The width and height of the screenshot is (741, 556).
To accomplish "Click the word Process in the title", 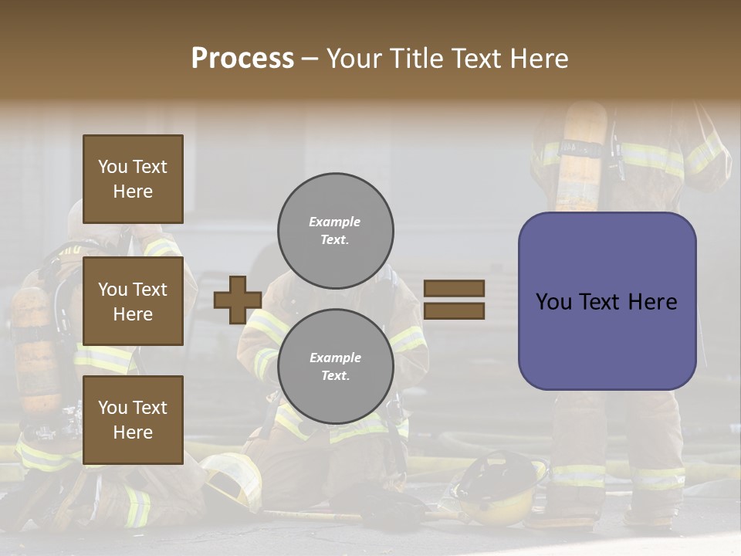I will click(242, 59).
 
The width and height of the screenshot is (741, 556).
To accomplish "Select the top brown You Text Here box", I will click(133, 179).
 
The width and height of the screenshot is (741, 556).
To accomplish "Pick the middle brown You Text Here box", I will click(133, 301).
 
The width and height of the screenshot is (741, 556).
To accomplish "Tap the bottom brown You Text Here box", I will click(133, 419).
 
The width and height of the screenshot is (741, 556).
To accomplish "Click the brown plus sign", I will click(237, 300).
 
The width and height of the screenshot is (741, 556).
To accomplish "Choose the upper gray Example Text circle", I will click(335, 230).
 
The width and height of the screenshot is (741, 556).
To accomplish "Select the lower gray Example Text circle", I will click(335, 366).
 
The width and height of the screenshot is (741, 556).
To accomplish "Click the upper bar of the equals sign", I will click(454, 288).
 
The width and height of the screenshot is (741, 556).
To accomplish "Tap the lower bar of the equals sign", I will click(454, 310).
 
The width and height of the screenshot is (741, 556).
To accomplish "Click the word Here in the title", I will click(538, 59).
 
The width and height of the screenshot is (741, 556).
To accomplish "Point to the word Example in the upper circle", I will click(334, 222).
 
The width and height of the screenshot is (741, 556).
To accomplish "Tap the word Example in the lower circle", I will click(335, 358).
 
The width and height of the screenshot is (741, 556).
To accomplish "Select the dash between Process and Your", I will click(310, 59).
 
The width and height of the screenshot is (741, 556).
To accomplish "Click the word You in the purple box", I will click(553, 301).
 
